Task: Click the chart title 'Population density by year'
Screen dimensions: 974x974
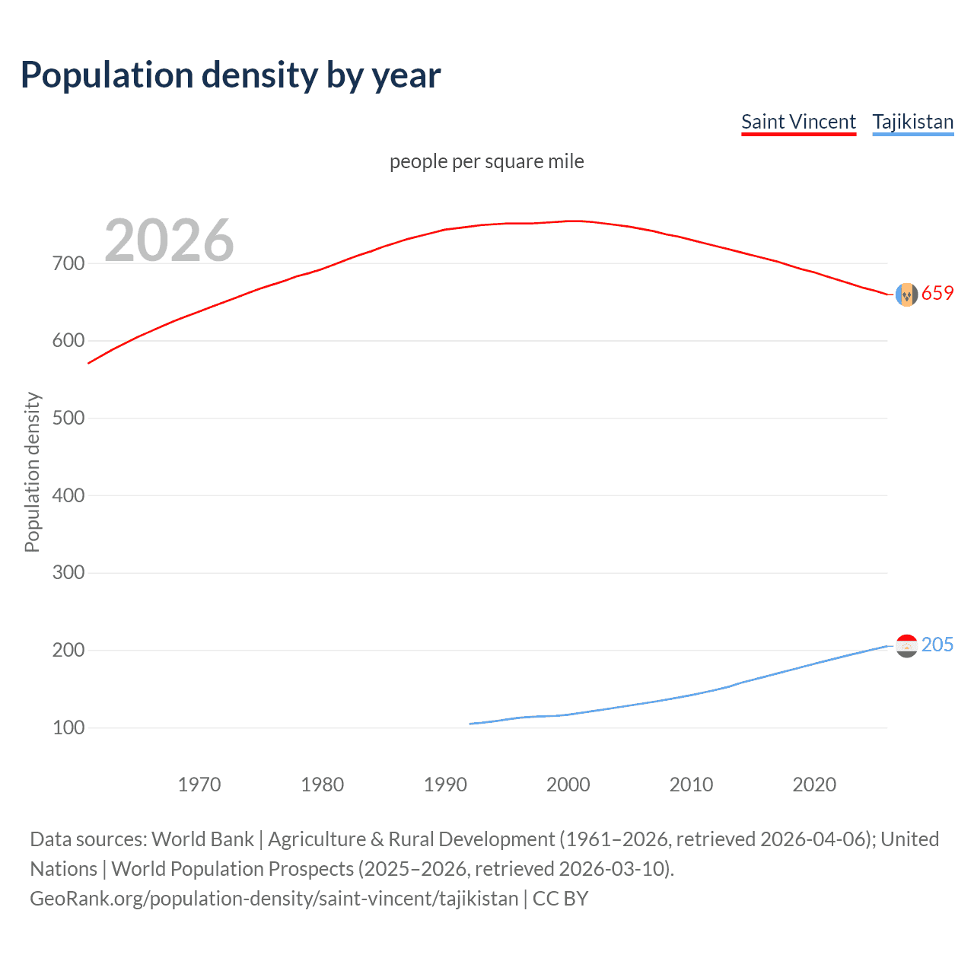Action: click(x=231, y=75)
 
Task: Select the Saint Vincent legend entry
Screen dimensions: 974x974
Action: click(x=798, y=122)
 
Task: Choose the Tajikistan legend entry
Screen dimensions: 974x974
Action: click(x=912, y=122)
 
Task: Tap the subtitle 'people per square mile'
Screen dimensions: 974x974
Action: click(x=486, y=161)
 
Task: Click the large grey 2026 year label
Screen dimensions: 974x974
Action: click(x=169, y=240)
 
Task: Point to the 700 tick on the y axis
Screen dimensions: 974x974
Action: click(x=68, y=263)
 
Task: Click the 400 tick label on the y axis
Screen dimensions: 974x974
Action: click(x=68, y=495)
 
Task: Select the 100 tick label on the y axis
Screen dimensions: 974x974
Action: click(x=68, y=727)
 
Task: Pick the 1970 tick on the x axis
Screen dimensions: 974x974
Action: click(x=199, y=785)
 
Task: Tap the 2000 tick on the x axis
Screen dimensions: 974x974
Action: click(x=568, y=785)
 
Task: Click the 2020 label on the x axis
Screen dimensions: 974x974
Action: click(x=814, y=785)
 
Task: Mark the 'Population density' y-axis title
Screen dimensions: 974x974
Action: click(x=32, y=472)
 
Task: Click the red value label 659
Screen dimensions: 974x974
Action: click(x=937, y=294)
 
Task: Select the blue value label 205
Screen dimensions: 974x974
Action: click(x=937, y=645)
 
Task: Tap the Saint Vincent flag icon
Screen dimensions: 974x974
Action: click(x=906, y=294)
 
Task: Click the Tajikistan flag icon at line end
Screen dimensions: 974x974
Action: click(x=906, y=646)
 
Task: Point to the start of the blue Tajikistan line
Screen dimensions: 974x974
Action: click(x=471, y=724)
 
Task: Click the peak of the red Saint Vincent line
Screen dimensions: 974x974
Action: click(x=575, y=221)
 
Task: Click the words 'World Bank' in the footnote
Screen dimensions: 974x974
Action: click(x=202, y=839)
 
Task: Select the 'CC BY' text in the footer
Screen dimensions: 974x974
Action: click(x=560, y=899)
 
